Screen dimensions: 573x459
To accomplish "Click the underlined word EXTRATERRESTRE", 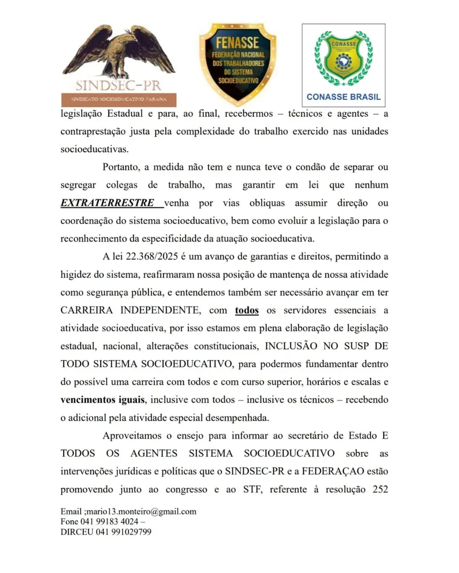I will coord(107,203).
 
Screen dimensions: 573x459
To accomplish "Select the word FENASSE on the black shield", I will coord(237,43).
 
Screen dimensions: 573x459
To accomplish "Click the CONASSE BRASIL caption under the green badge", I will coord(343,97).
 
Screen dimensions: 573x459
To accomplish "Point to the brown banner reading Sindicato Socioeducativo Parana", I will coord(119,99).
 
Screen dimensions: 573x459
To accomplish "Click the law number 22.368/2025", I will coord(152,257).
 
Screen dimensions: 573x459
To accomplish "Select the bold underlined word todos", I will coord(246,310).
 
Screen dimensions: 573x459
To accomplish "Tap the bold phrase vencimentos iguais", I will coord(102,400).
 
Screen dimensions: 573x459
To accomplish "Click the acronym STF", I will coord(252,489).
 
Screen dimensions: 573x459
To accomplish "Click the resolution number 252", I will coord(380,489).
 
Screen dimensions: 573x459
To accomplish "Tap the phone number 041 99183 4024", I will coord(109,522).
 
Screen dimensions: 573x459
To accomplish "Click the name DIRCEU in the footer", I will coord(76,532).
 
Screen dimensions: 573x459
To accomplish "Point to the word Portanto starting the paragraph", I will coord(121,167).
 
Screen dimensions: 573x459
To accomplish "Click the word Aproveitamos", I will coord(132,436).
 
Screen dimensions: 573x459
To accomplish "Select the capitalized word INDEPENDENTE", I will coord(160,310).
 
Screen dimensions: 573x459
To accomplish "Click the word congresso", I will coord(186,490).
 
